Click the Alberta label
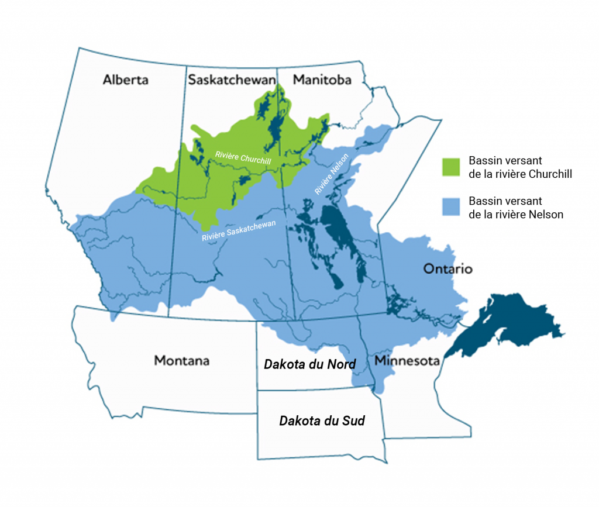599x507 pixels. tap(125, 80)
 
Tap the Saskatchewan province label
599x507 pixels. tap(232, 80)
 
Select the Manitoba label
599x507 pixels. tap(322, 80)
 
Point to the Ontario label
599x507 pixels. tap(447, 270)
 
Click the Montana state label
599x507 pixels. tap(181, 360)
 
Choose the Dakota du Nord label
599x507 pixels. tap(309, 364)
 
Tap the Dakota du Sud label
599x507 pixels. tap(322, 420)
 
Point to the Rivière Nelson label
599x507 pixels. tap(332, 174)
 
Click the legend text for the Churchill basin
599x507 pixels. tap(519, 167)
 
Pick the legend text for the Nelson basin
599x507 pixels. tap(515, 208)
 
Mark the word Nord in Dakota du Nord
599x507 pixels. tap(342, 364)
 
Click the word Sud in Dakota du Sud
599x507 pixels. tap(354, 420)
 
